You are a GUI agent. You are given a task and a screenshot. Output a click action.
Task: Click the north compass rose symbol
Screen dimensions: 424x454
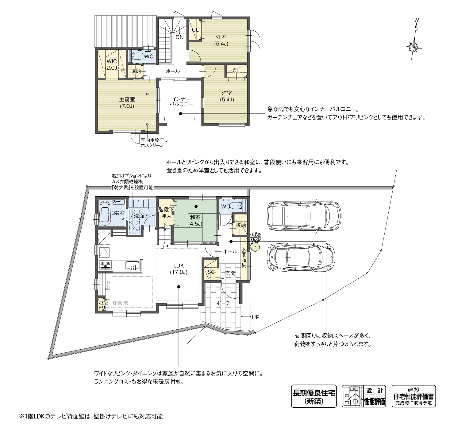click(414, 47)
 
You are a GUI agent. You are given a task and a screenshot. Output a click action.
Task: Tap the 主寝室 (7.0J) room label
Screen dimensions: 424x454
click(127, 103)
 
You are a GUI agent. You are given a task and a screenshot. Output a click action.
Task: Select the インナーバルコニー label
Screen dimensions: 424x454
click(181, 101)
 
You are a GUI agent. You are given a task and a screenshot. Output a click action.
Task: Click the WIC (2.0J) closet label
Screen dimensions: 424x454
click(112, 65)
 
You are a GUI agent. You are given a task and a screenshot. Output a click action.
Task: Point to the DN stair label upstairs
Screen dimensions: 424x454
click(179, 37)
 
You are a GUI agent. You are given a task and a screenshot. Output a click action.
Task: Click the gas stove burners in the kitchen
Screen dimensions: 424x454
click(105, 265)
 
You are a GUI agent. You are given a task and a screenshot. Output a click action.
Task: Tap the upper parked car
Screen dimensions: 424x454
click(304, 216)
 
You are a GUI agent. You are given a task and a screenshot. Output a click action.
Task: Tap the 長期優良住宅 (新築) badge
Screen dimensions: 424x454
click(314, 396)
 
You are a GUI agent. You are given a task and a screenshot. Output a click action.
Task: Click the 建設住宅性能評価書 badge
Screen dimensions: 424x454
click(414, 396)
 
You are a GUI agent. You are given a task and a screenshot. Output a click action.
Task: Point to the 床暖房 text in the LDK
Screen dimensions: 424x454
click(120, 303)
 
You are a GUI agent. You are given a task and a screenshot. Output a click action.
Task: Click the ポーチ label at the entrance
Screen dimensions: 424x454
click(223, 302)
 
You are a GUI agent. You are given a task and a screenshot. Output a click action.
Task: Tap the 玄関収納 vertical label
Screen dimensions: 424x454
click(244, 257)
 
